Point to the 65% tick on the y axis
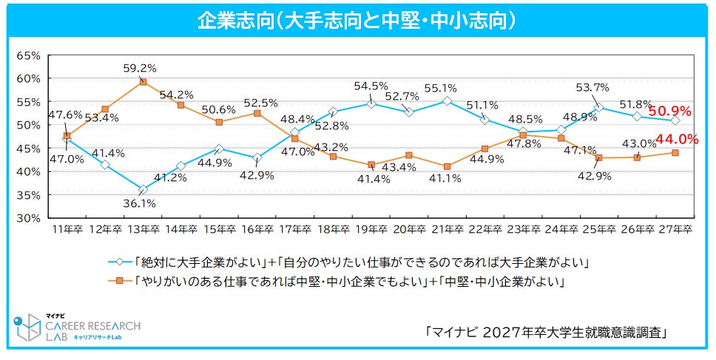pyautogui.click(x=28, y=55)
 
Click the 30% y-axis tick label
pyautogui.click(x=28, y=218)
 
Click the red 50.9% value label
pyautogui.click(x=669, y=112)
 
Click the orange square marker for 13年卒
pyautogui.click(x=143, y=82)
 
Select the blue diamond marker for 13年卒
pyautogui.click(x=143, y=190)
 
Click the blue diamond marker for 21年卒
pyautogui.click(x=447, y=101)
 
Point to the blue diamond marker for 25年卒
pyautogui.click(x=598, y=107)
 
